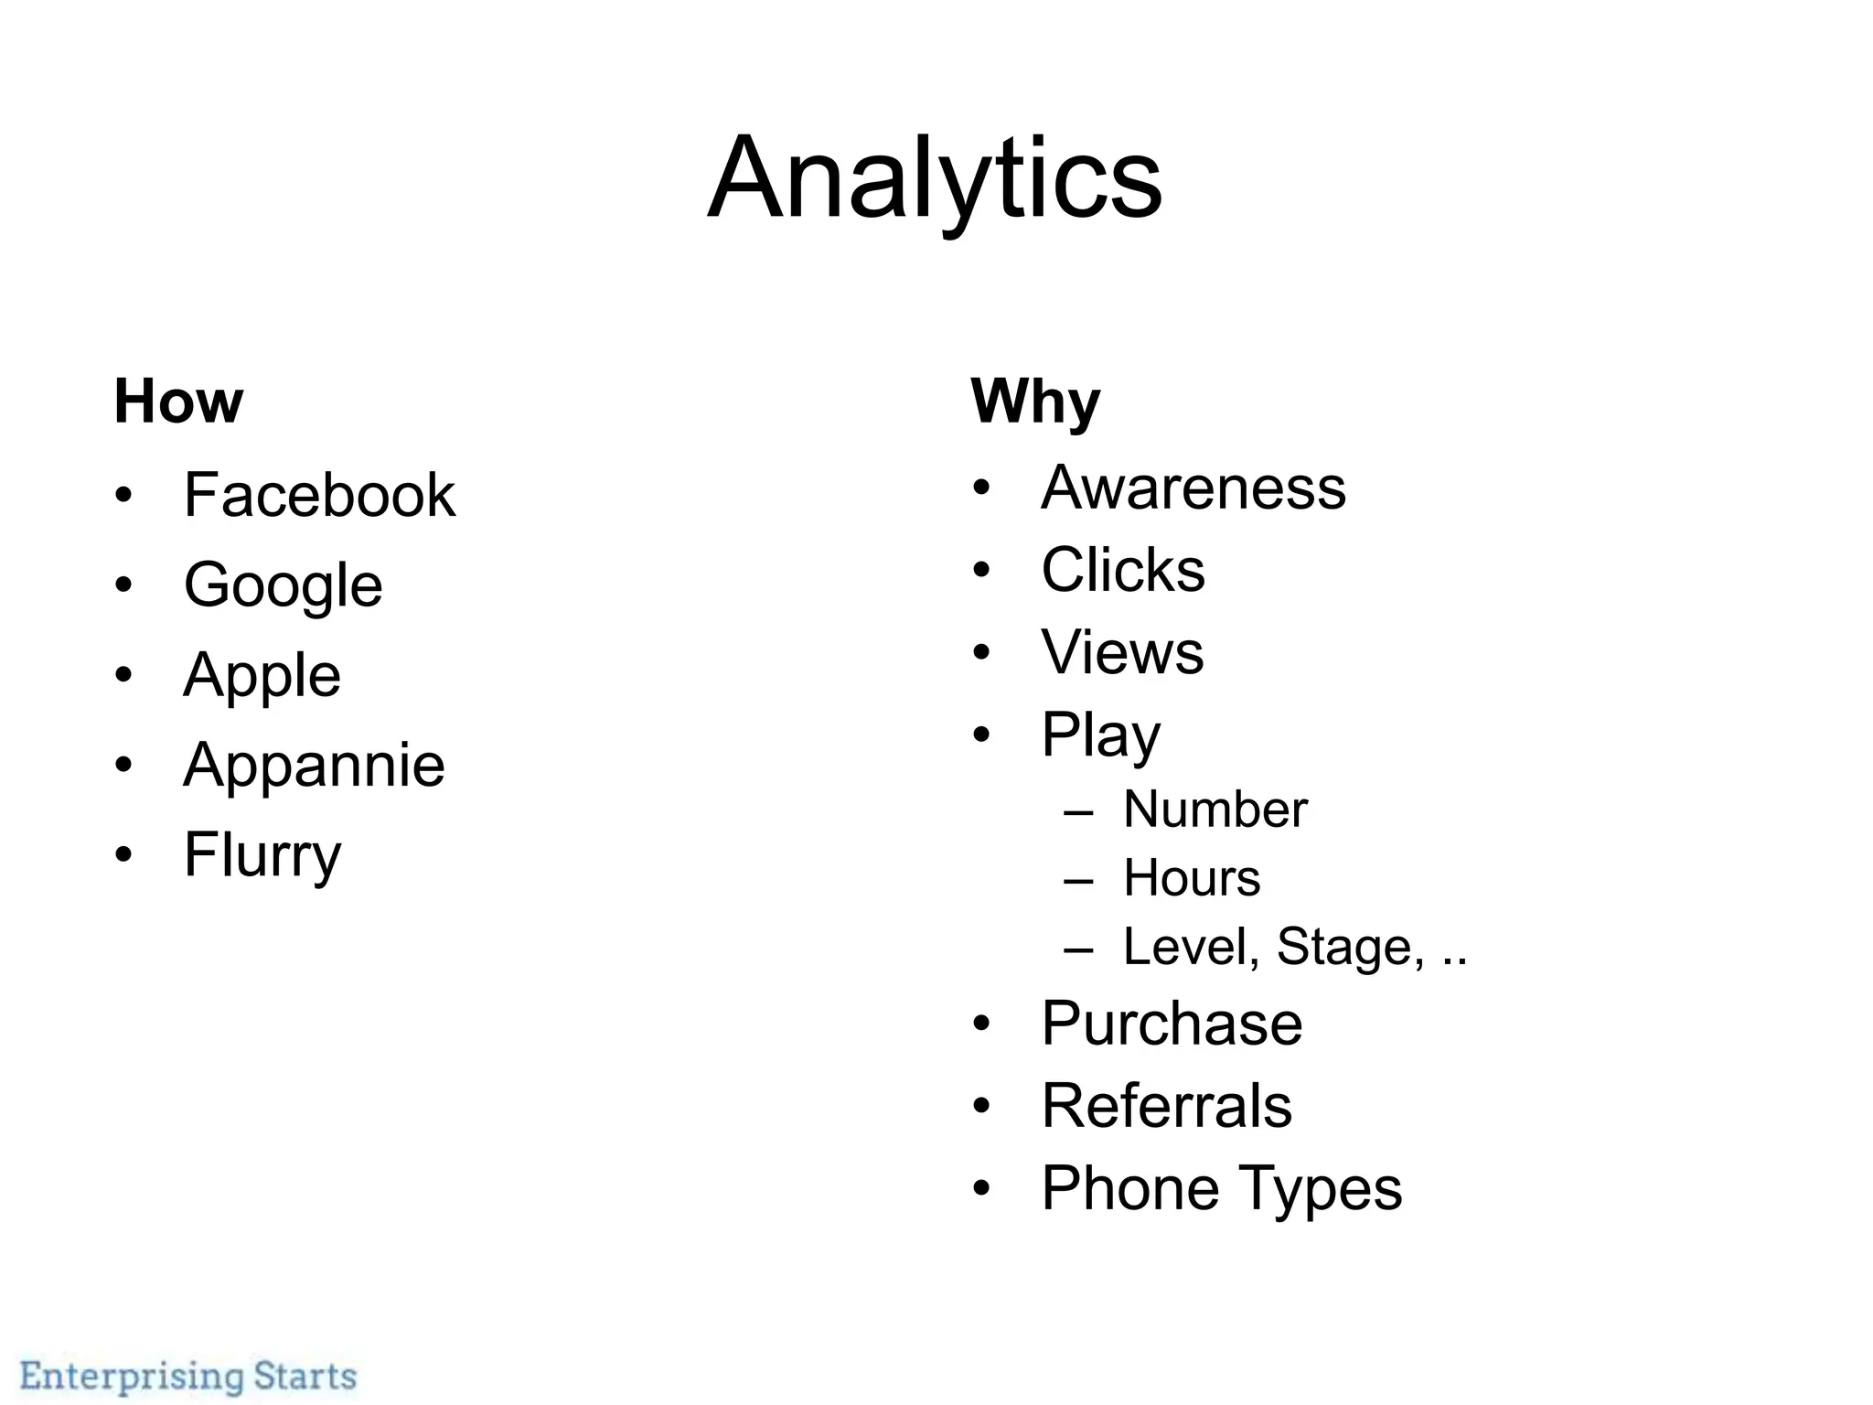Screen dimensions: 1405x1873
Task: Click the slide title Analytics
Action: click(935, 178)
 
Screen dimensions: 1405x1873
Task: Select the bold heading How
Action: click(178, 402)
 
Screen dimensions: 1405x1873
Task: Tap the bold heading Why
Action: click(1035, 402)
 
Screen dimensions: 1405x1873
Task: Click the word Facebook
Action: click(319, 495)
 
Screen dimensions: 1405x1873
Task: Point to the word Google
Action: click(283, 585)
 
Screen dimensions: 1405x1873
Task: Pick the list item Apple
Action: click(262, 676)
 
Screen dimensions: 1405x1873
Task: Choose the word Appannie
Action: click(314, 765)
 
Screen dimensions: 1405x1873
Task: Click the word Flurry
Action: click(262, 854)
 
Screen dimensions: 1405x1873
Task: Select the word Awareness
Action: click(1193, 488)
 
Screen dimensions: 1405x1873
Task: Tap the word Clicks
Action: click(1123, 570)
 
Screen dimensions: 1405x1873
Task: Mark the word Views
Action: click(1122, 652)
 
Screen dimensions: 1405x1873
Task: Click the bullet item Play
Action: click(1100, 735)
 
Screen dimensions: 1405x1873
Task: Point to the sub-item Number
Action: click(1215, 810)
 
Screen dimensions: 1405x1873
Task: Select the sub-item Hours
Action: click(1192, 878)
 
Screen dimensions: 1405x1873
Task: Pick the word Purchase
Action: click(1172, 1024)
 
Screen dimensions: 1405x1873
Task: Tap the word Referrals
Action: click(1166, 1106)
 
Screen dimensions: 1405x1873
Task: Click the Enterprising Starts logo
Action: click(188, 1376)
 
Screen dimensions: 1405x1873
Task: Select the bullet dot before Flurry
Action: click(124, 855)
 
